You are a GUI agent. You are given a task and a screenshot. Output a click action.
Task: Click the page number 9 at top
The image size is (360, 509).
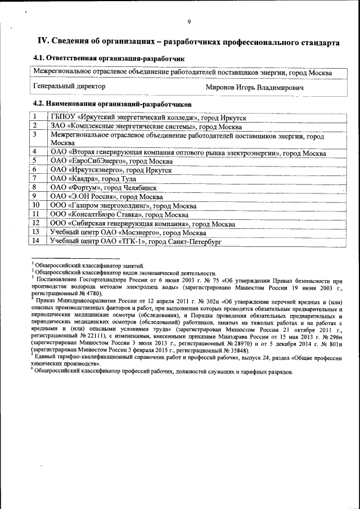[x=189, y=22]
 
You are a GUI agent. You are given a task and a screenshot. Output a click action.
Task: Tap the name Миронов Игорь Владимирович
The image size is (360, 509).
[x=255, y=88]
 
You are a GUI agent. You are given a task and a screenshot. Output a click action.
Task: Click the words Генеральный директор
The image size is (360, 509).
[x=69, y=87]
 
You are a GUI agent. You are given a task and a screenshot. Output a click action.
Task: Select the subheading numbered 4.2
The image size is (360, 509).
[x=112, y=104]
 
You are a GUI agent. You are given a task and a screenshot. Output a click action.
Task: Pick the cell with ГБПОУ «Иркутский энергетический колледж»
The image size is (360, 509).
[x=148, y=118]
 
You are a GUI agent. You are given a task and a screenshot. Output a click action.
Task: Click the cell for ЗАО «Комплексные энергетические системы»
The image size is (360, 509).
[x=146, y=127]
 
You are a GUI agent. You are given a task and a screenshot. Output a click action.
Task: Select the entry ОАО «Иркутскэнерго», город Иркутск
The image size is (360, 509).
[x=112, y=169]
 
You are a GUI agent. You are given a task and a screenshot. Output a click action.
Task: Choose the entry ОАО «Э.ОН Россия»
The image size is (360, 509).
[x=107, y=196]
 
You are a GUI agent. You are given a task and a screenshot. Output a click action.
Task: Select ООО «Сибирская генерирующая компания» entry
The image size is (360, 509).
[x=142, y=223]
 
